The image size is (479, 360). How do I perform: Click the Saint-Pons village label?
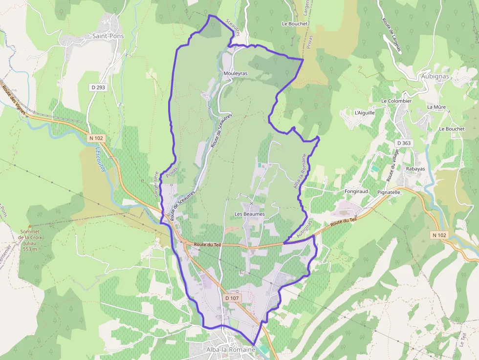[x=108, y=36]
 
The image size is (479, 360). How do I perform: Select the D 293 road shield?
[x=98, y=87]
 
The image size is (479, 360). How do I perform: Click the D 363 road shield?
[x=404, y=143]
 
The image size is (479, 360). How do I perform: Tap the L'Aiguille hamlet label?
[x=365, y=112]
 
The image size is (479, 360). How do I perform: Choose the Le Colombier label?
[x=396, y=101]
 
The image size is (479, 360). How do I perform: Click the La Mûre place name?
[x=436, y=107]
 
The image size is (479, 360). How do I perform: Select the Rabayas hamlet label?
[x=415, y=169]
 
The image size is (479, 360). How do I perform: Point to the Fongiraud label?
[x=356, y=191]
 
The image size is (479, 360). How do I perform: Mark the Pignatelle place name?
[x=389, y=192]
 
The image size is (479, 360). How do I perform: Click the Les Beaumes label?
[x=249, y=214]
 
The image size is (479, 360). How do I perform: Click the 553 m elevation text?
[x=30, y=249]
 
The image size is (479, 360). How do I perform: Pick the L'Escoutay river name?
[x=100, y=159]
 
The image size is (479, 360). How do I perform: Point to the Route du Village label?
[x=392, y=165]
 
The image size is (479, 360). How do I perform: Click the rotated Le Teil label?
[x=462, y=340]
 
